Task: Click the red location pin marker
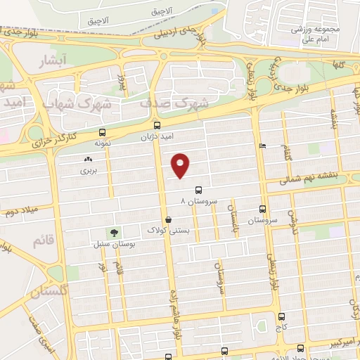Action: [181, 165]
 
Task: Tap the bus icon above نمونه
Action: [103, 132]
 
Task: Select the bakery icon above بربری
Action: [88, 160]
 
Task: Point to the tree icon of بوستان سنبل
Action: [112, 233]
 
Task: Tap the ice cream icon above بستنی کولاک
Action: [167, 219]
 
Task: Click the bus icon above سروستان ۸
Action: [199, 189]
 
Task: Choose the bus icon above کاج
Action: [282, 317]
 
